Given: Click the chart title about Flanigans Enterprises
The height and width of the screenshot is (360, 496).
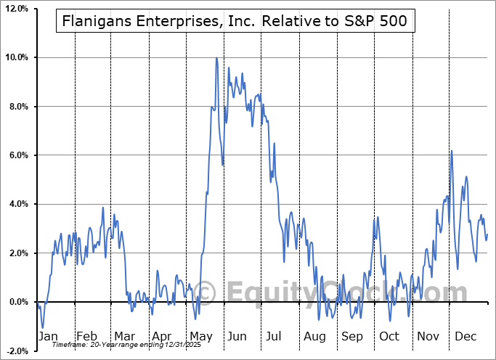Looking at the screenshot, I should pos(236,22).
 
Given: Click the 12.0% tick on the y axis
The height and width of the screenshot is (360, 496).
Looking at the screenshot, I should pos(16,9).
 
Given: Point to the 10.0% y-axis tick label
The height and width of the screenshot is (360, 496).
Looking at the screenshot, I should pos(16,57).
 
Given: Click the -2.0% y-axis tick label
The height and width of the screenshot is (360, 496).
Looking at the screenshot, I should pos(17,351).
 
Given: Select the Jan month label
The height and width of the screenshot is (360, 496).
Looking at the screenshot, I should pos(47,337).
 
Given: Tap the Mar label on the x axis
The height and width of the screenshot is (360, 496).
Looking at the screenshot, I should pos(124,337).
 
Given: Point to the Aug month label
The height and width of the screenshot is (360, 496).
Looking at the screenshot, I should pos(314,337).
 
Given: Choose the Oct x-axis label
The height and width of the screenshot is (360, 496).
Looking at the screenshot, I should pos(390,337).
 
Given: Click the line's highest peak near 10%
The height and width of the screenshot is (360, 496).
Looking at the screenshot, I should pos(216,59).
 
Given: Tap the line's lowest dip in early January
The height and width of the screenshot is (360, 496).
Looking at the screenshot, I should pos(43,327).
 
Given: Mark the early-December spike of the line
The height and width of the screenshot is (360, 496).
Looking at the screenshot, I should pos(452,151).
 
